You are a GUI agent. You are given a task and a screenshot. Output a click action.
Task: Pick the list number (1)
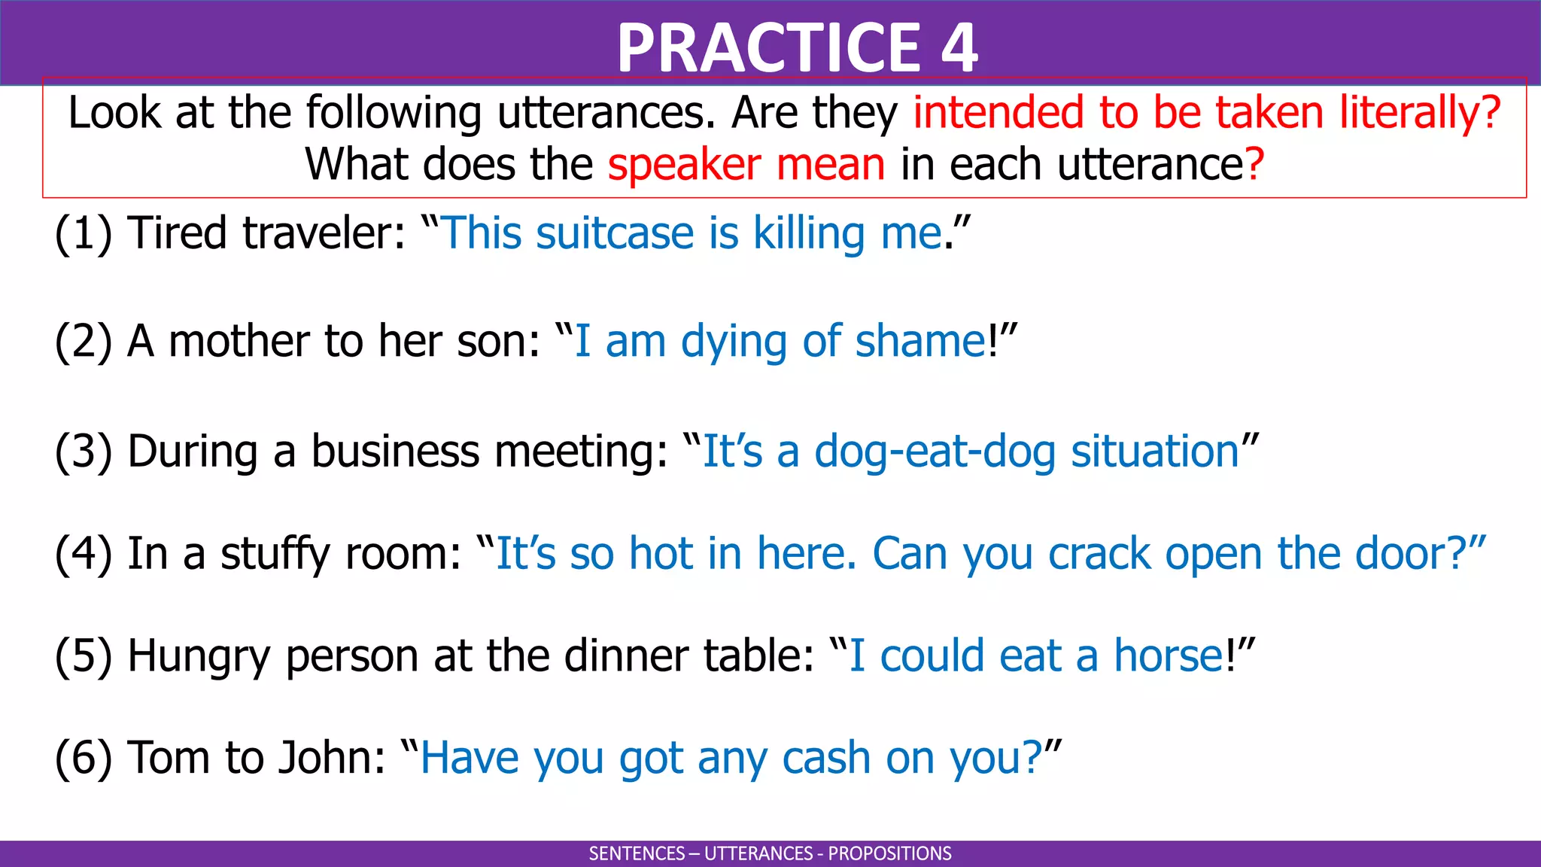tap(83, 233)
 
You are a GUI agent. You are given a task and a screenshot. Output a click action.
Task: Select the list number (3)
tap(83, 451)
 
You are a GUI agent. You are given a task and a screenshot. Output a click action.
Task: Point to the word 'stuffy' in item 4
tap(275, 553)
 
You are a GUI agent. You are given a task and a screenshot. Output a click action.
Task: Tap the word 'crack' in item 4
tap(1099, 553)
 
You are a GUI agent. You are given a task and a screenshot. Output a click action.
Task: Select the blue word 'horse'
tap(1169, 656)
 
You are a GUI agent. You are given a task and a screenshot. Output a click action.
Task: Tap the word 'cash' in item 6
tap(826, 757)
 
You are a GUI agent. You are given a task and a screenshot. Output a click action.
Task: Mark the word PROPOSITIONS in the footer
tap(889, 853)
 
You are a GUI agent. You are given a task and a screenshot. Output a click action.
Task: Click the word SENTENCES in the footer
tap(637, 853)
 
